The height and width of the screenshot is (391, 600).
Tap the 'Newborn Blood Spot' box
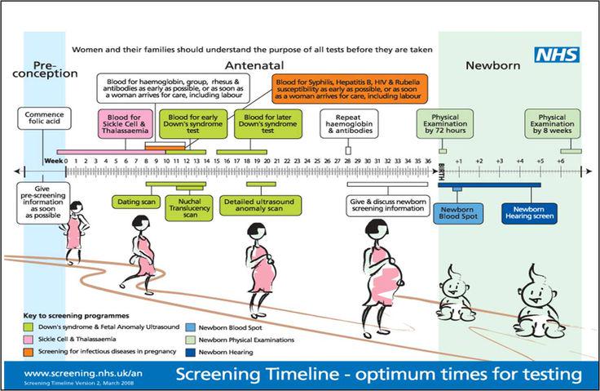pyautogui.click(x=458, y=214)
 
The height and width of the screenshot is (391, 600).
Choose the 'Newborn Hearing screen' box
pyautogui.click(x=529, y=214)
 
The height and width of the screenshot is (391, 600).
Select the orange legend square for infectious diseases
pyautogui.click(x=28, y=352)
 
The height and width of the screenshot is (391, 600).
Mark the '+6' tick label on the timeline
pyautogui.click(x=561, y=161)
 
